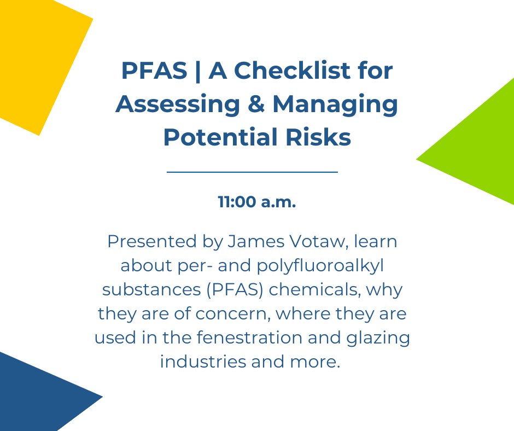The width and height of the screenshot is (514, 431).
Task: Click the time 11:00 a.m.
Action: (257, 202)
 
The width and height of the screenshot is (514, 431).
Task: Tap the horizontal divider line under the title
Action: (252, 172)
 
